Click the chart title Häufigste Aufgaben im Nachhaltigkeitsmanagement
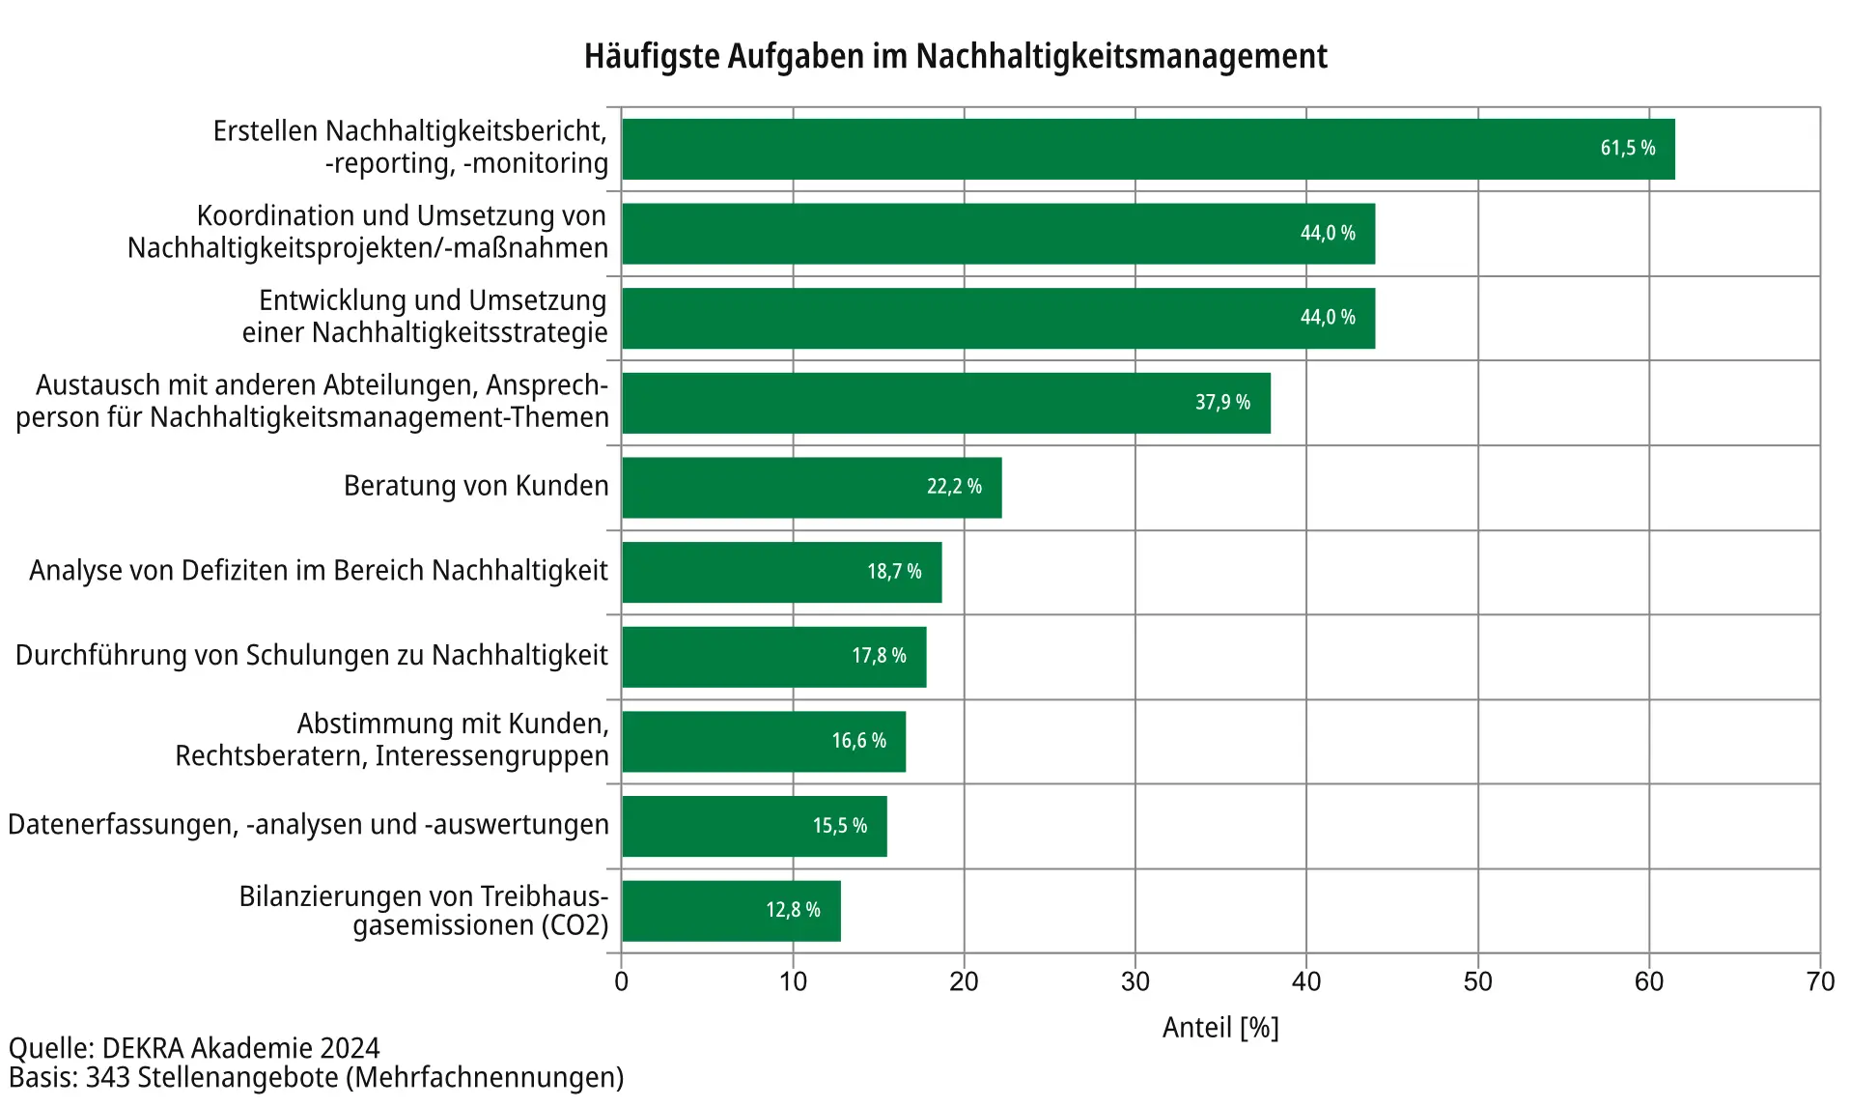(x=955, y=56)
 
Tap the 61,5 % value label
(x=1627, y=149)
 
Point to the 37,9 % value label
(x=1221, y=403)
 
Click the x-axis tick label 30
(x=1135, y=982)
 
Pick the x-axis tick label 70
(x=1819, y=982)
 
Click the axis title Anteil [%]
(x=1219, y=1028)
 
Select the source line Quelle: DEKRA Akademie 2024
(x=194, y=1048)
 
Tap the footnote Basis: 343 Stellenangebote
(x=316, y=1078)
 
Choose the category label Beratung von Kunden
(x=476, y=486)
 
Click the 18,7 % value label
(x=893, y=572)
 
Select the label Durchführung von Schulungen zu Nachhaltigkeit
(x=312, y=656)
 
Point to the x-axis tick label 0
(x=621, y=982)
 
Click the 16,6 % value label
(x=858, y=741)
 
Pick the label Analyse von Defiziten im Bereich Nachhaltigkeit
(x=319, y=571)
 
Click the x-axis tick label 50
(x=1477, y=982)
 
